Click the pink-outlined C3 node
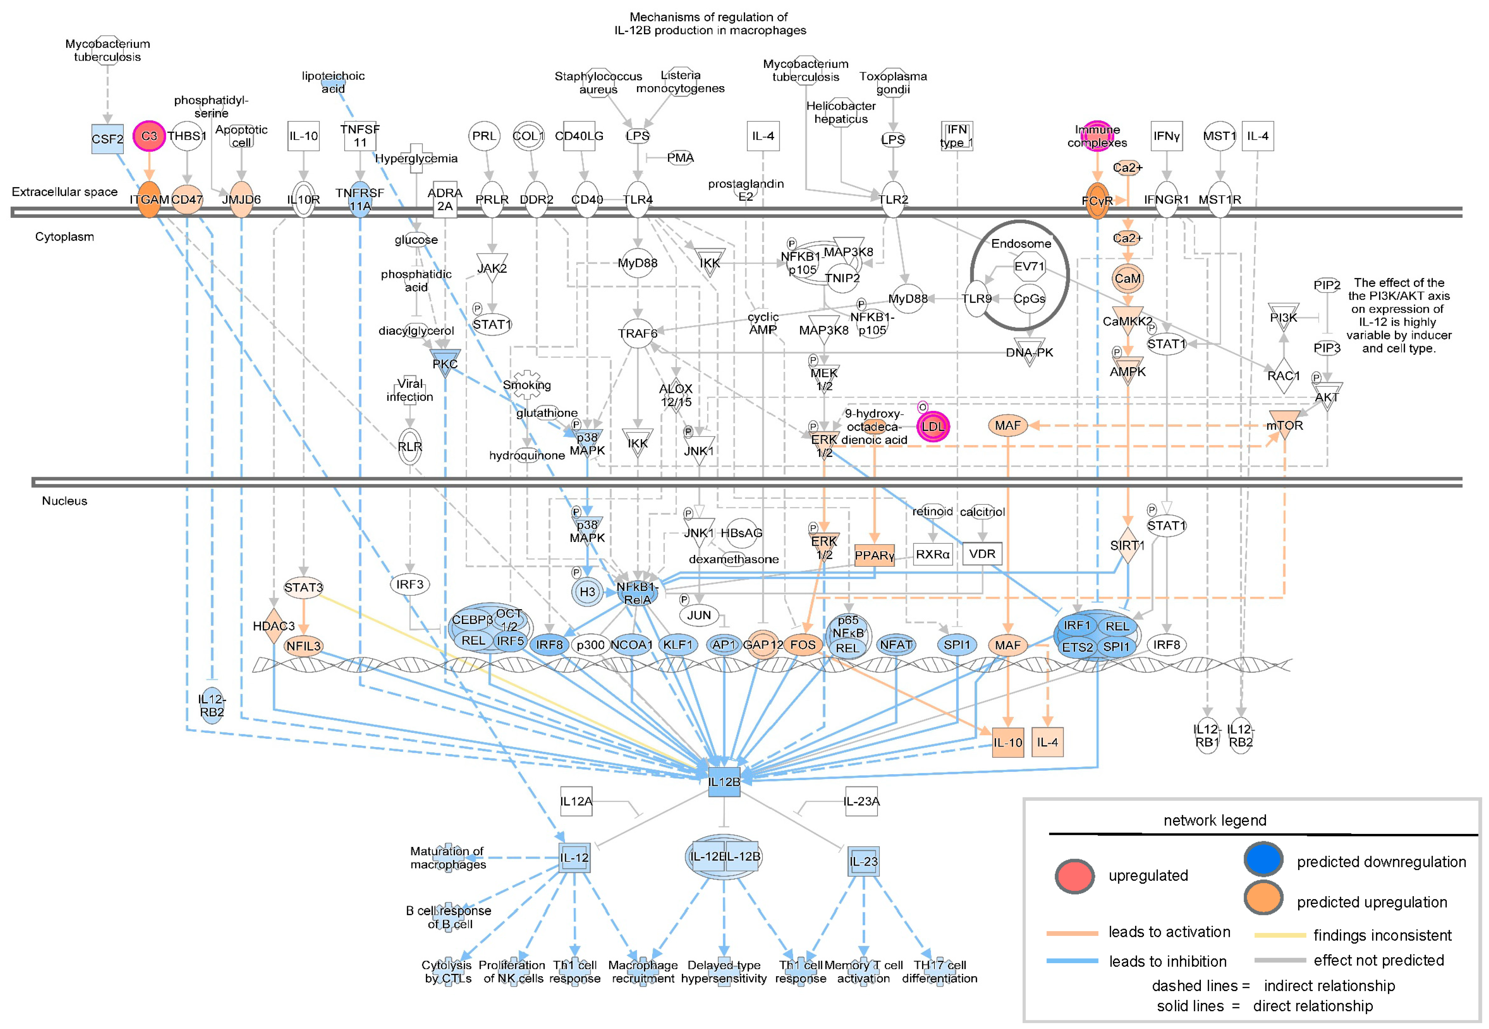149,136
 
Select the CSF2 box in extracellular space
107,139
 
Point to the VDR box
982,554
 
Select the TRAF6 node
638,333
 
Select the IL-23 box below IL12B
863,861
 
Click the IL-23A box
861,801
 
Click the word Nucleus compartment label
64,501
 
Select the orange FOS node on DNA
802,645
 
